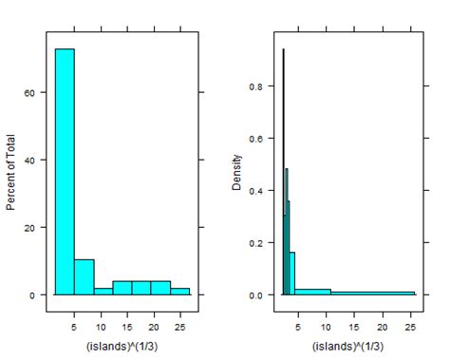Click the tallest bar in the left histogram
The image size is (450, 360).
tap(65, 171)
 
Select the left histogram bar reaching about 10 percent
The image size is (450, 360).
tap(84, 276)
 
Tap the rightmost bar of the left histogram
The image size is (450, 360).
tap(180, 292)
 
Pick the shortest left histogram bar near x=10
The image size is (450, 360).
tap(103, 291)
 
